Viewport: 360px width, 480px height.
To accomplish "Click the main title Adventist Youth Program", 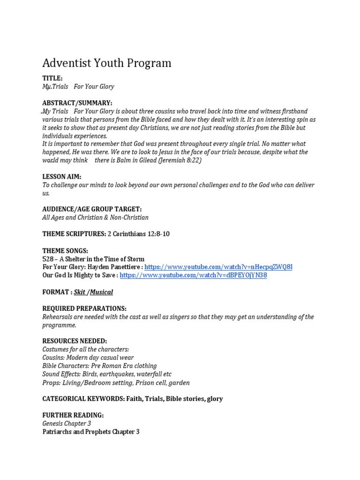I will tap(107, 63).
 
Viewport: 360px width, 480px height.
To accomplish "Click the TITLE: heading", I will tap(52, 78).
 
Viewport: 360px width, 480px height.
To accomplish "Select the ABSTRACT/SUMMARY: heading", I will tap(77, 103).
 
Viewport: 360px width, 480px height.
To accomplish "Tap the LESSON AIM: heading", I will tap(62, 176).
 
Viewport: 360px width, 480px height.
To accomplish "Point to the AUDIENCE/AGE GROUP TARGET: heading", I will tap(92, 209).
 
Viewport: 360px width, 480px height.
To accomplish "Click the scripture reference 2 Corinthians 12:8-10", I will tap(139, 234).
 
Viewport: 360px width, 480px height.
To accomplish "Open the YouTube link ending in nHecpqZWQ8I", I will tap(219, 267).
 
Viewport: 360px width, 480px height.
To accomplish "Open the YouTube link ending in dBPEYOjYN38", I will tap(193, 276).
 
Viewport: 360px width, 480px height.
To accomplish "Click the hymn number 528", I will tap(48, 259).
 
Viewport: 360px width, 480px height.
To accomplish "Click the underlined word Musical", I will tap(101, 292).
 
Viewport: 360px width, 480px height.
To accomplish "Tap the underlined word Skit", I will tap(80, 292).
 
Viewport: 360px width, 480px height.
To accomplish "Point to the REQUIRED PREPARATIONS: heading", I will tap(84, 308).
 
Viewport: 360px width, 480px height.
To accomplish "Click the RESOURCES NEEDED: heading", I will tap(75, 341).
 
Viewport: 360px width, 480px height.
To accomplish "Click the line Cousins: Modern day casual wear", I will tap(88, 358).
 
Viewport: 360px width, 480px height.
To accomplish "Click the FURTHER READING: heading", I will tap(73, 415).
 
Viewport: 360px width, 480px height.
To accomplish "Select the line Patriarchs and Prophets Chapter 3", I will tap(91, 432).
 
